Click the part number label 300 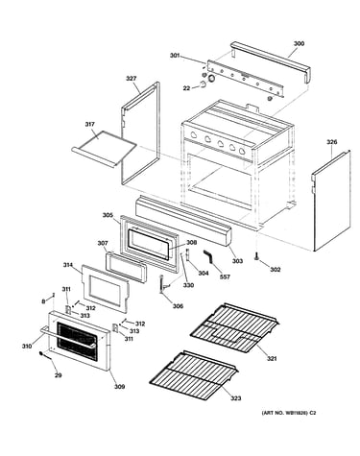click(299, 43)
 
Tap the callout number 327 click(131, 78)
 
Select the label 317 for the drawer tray click(90, 124)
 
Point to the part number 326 click(331, 142)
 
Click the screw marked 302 click(256, 256)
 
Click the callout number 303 click(237, 261)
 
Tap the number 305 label click(108, 215)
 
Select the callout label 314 click(68, 265)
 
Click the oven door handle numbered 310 click(67, 337)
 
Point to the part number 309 click(119, 387)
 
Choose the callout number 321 click(272, 359)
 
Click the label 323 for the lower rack click(235, 398)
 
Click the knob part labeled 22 click(203, 84)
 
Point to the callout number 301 click(175, 56)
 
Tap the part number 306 click(178, 306)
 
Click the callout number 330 click(188, 285)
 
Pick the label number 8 click(43, 301)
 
